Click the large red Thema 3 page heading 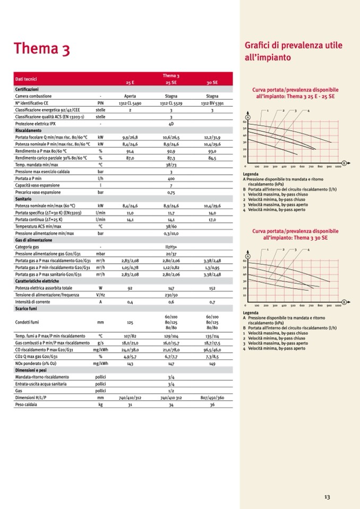pos(42,49)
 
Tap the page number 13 pos(327,497)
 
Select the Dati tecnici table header pos(26,79)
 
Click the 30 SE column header pos(212,83)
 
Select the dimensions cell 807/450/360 pos(212,398)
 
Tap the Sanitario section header pos(24,198)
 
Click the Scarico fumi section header pos(27,308)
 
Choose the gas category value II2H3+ pos(171,247)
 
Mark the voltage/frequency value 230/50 pos(171,295)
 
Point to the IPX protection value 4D pos(171,123)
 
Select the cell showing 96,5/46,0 pos(212,350)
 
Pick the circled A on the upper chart pos(247,117)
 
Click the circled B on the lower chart pos(344,301)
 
